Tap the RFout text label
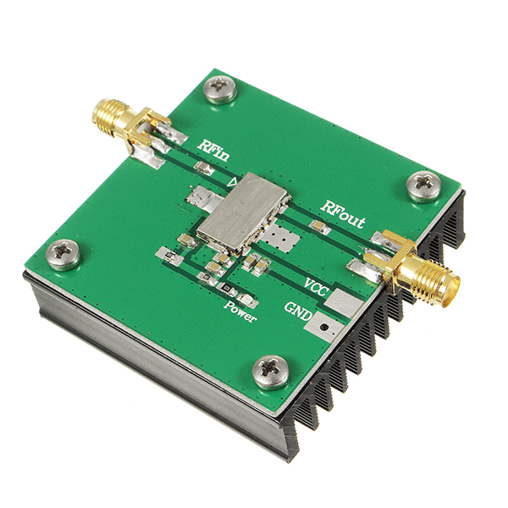[x=342, y=213]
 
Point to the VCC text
[x=317, y=284]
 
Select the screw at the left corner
[x=63, y=253]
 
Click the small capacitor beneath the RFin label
[x=203, y=169]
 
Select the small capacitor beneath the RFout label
[x=319, y=227]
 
